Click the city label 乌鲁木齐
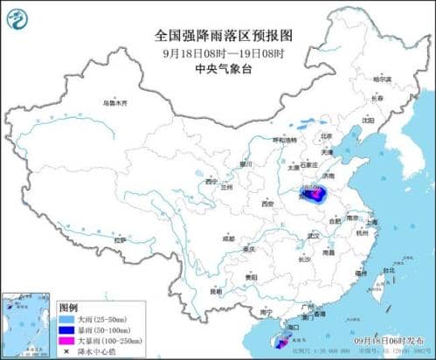[x=114, y=103]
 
